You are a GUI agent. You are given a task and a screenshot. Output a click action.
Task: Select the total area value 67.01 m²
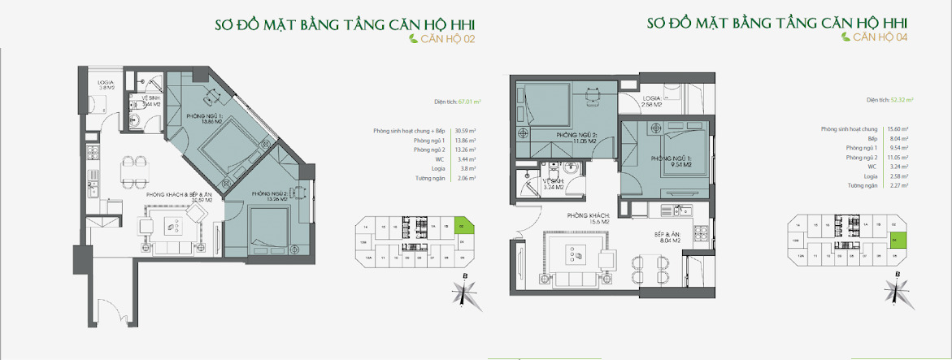[x=469, y=102]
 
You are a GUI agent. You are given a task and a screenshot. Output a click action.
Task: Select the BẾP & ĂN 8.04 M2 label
[x=676, y=237]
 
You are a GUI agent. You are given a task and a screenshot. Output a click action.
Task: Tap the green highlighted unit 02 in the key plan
[x=462, y=227]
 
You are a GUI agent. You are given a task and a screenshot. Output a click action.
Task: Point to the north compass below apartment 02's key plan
[x=464, y=292]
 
